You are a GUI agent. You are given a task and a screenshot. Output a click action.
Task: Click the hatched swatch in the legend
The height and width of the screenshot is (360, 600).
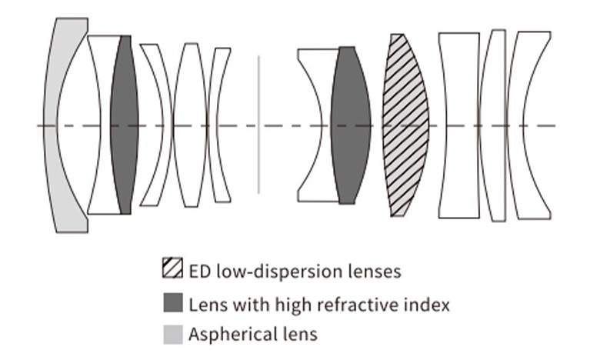pos(172,271)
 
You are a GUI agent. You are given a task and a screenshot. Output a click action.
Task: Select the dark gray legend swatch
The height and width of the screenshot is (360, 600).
pos(172,303)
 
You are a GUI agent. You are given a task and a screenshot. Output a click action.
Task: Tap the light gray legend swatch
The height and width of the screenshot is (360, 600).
pos(172,334)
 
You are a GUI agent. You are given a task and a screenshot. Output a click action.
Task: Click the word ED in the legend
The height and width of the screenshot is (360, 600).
pos(199,271)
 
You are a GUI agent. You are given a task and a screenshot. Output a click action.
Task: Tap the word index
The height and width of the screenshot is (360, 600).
pos(429,303)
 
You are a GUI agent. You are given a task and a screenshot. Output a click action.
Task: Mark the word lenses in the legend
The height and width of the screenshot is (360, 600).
pos(374,271)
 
